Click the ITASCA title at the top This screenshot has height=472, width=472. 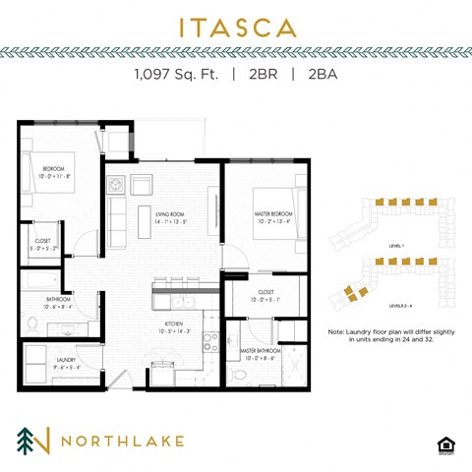[x=235, y=27]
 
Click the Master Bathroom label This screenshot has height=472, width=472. [x=260, y=351]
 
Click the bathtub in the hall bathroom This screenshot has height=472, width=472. [x=43, y=282]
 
